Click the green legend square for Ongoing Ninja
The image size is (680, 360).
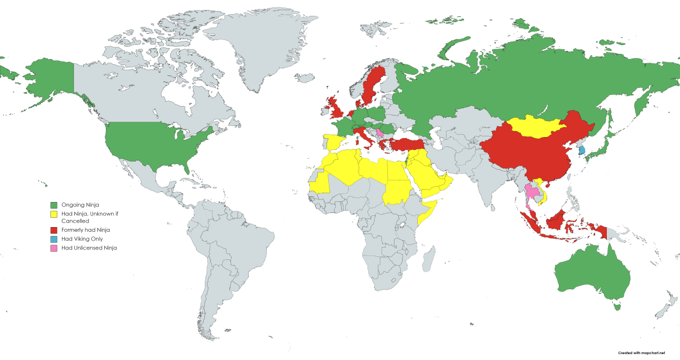54,205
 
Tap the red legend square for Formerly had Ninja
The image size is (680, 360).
54,230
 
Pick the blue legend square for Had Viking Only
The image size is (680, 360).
54,239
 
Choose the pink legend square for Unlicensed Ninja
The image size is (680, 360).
54,248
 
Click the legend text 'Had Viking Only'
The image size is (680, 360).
79,239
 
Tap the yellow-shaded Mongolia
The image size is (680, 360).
535,126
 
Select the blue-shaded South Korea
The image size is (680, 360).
581,150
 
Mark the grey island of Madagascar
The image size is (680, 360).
428,258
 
